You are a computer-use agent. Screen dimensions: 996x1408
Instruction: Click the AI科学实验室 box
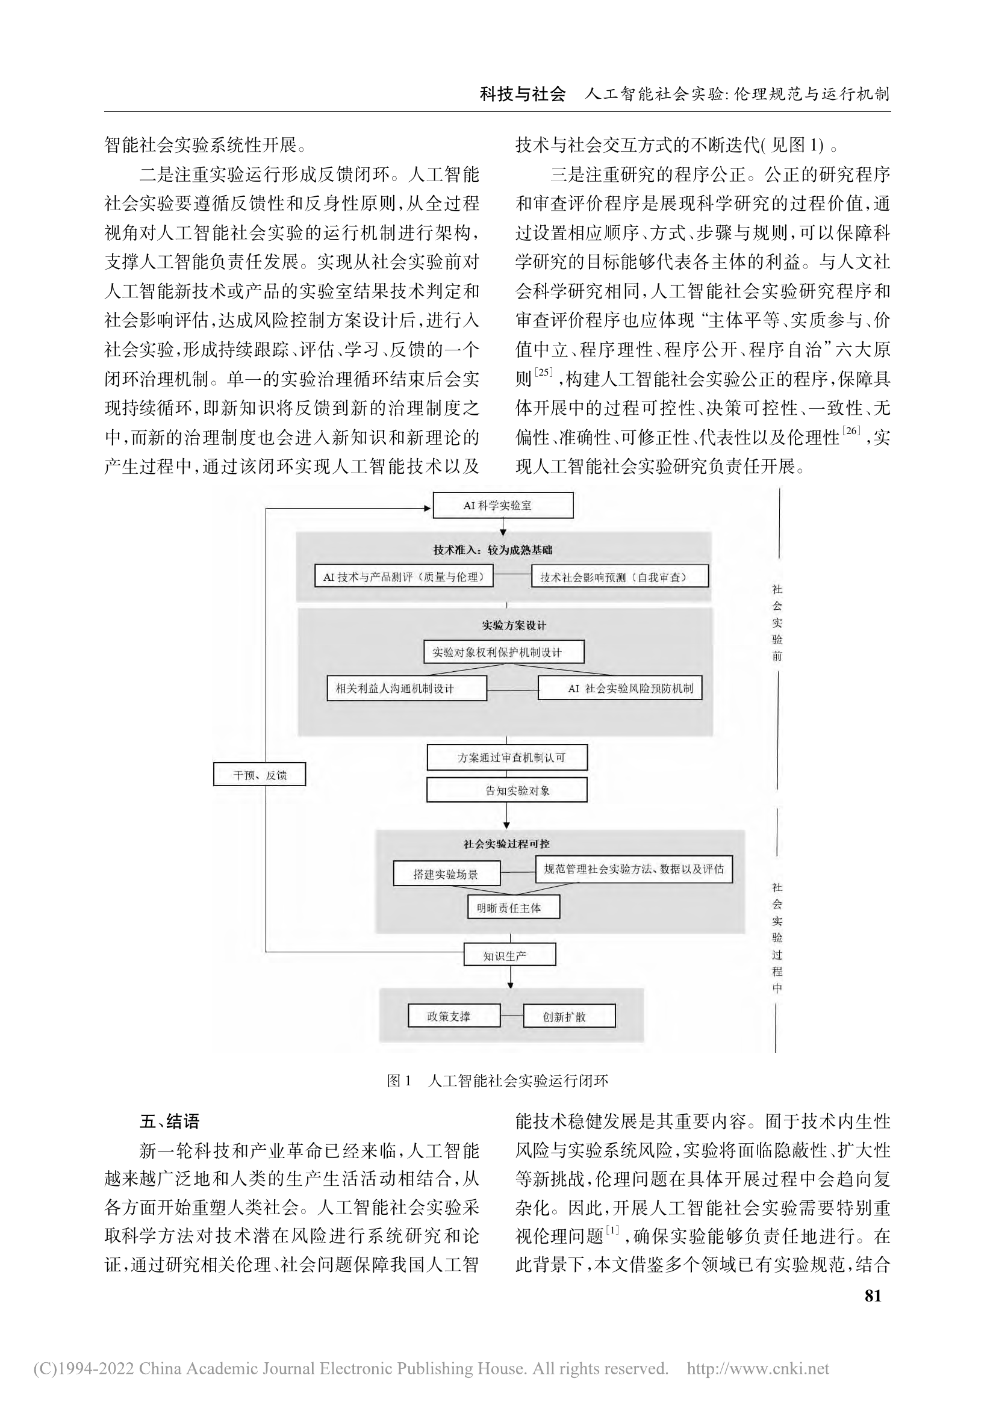click(503, 505)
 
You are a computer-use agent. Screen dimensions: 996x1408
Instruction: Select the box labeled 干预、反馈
click(260, 775)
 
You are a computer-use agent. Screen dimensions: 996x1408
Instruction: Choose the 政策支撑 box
click(454, 1016)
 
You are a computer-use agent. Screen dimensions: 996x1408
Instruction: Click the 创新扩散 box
click(569, 1016)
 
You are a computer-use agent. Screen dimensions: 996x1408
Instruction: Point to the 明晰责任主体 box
click(513, 908)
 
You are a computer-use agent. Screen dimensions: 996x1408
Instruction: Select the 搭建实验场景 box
click(446, 873)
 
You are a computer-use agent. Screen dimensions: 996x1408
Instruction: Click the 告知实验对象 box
click(506, 790)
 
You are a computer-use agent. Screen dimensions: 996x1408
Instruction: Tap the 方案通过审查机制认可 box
click(507, 757)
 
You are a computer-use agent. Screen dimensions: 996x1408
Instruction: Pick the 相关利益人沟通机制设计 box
click(406, 688)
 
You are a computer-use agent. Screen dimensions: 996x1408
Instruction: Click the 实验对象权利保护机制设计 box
click(503, 652)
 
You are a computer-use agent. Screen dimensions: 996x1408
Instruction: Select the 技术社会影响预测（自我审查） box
click(620, 577)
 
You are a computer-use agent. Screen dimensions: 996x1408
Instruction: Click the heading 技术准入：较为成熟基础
click(493, 550)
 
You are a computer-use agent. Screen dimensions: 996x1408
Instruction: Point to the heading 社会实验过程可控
click(506, 845)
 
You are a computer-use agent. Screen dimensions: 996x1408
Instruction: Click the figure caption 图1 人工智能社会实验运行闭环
click(497, 1081)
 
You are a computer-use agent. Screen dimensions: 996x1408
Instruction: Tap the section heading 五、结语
click(170, 1121)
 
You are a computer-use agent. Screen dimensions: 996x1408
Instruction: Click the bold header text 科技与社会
click(522, 95)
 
